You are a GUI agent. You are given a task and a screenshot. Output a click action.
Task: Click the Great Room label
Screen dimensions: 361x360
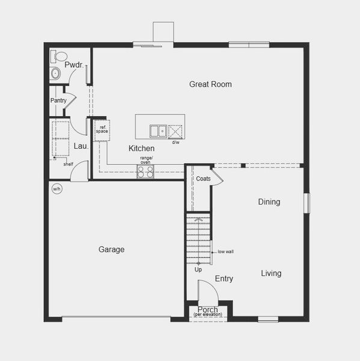[x=210, y=84]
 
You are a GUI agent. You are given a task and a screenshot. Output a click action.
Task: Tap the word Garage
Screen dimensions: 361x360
[x=112, y=249]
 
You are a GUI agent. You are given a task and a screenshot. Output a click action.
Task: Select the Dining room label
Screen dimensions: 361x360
[x=269, y=202]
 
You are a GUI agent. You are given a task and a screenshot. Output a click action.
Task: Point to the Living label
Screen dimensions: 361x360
[x=271, y=273]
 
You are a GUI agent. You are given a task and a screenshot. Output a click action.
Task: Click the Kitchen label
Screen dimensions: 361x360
[x=141, y=148]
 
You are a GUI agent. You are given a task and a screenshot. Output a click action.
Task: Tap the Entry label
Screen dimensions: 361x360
[x=224, y=279]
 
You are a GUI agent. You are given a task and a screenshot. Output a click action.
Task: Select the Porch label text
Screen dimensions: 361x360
[x=208, y=310]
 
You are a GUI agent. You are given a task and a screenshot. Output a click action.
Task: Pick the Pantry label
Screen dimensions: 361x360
[x=58, y=100]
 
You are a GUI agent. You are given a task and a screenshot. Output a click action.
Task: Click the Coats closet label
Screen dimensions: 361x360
[x=203, y=179]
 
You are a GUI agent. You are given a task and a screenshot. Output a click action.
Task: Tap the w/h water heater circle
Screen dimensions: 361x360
[x=57, y=188]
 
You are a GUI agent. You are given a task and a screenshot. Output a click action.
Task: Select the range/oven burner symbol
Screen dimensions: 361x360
[x=145, y=171]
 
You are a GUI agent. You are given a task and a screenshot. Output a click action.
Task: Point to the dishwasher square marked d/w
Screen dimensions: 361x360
[x=176, y=131]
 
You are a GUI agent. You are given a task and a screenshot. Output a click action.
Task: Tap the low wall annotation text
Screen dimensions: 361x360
[x=225, y=251]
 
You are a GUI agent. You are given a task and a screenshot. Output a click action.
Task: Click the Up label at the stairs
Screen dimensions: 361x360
[x=198, y=269]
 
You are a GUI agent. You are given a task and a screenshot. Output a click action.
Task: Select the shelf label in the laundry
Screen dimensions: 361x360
[x=69, y=164]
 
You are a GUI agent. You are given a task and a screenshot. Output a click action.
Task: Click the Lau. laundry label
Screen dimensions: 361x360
[x=81, y=146]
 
